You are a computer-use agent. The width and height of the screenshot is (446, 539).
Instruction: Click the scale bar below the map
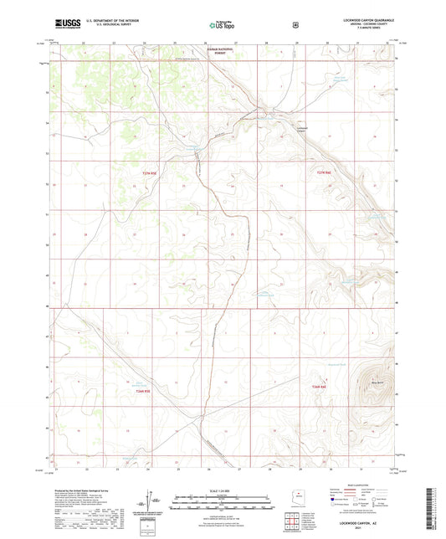click(x=223, y=498)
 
